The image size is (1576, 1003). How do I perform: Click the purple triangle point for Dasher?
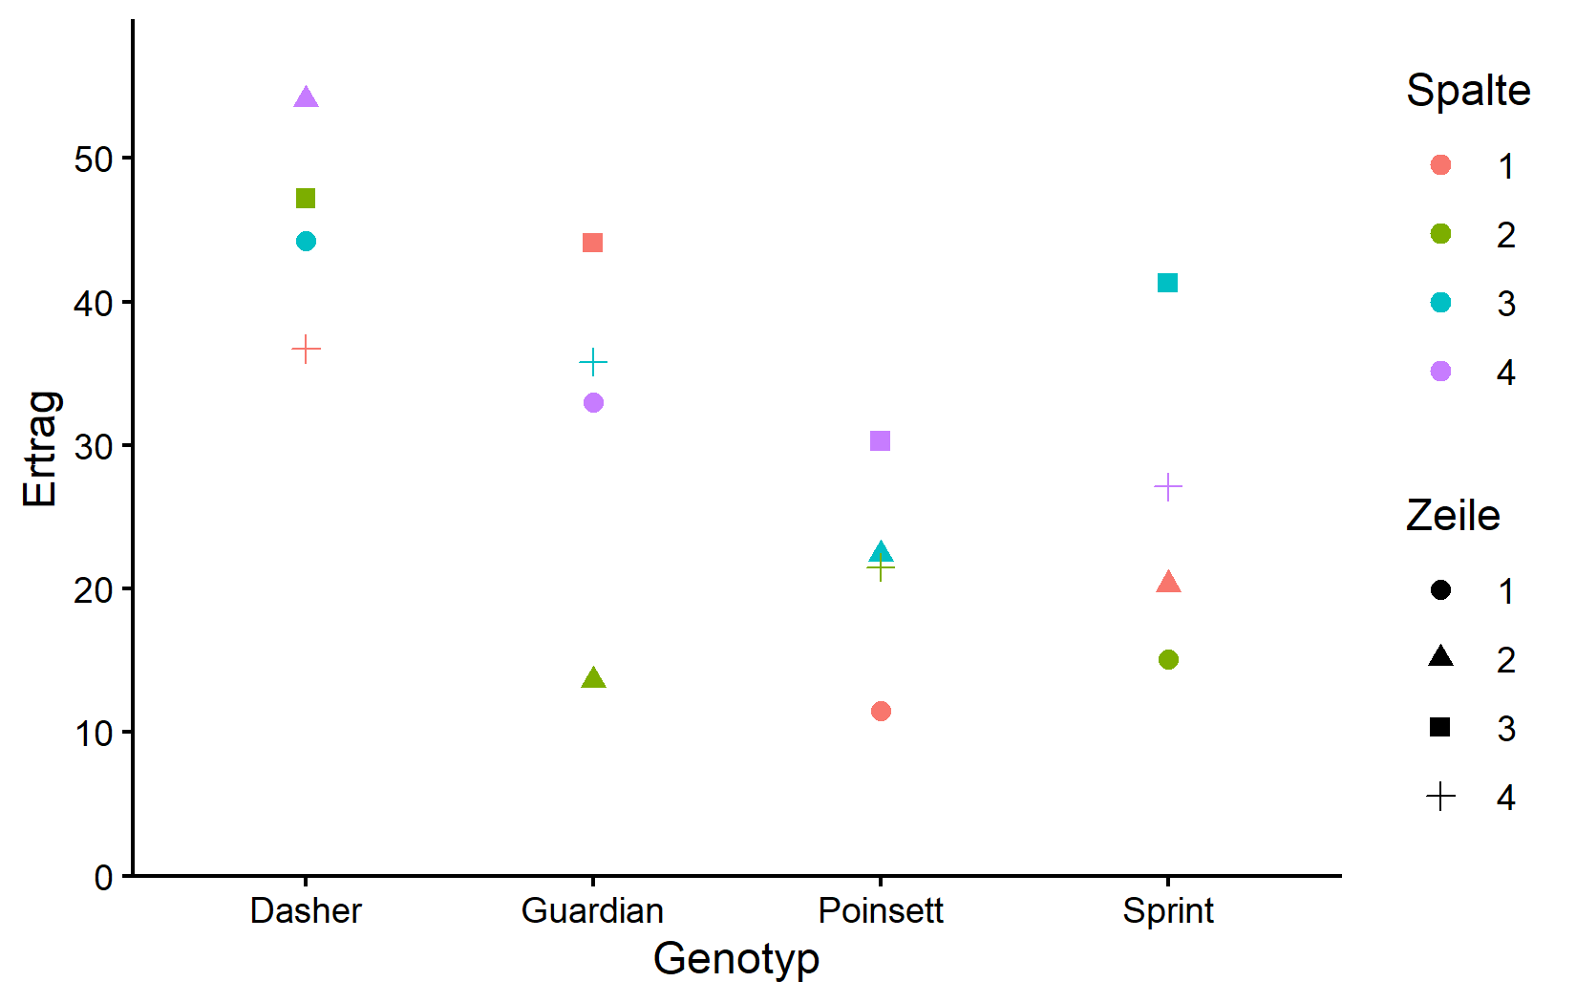306,97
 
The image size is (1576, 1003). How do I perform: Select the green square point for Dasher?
306,199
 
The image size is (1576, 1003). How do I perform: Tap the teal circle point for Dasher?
306,242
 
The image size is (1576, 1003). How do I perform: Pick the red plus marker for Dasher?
306,350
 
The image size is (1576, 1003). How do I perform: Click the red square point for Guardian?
593,244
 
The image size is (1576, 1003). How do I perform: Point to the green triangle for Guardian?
593,678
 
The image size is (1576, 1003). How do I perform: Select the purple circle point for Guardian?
593,403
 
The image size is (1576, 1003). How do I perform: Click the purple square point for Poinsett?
881,441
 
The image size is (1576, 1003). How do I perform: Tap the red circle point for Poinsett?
881,712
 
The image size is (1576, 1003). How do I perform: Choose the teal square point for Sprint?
1168,284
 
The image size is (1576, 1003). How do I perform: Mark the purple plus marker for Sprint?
1168,488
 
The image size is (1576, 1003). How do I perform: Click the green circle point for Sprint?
1168,660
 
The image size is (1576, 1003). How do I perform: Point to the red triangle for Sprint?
1168,583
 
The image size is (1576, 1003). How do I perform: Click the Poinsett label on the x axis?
881,911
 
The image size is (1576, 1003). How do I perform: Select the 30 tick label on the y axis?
94,447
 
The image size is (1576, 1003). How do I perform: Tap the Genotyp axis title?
736,959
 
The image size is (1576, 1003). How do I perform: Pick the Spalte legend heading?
1468,91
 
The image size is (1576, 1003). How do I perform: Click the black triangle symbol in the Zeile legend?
1440,656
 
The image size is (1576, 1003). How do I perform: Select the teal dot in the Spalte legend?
1440,303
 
